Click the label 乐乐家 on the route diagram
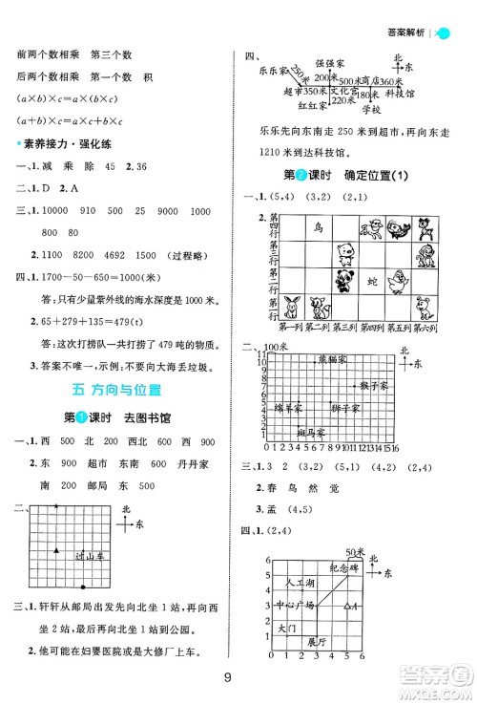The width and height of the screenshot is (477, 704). (x=262, y=71)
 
